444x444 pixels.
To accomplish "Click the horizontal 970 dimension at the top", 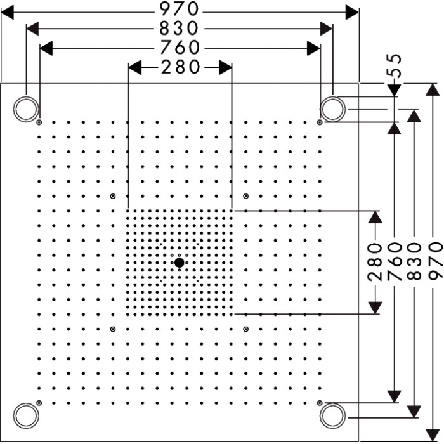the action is pyautogui.click(x=179, y=9).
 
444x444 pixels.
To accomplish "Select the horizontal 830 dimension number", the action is pyautogui.click(x=179, y=29).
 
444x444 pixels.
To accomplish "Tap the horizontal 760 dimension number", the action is pyautogui.click(x=180, y=48).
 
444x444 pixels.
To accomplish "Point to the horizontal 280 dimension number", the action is pyautogui.click(x=180, y=67).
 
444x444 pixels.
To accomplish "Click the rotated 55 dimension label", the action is pyautogui.click(x=394, y=66).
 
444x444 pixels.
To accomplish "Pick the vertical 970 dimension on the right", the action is pyautogui.click(x=436, y=261).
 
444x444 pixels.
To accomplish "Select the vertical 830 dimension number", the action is pyautogui.click(x=414, y=261).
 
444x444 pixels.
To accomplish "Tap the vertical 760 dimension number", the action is pyautogui.click(x=395, y=261).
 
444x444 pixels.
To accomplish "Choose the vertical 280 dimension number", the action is pyautogui.click(x=375, y=261).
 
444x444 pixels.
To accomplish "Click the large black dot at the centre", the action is pyautogui.click(x=180, y=263).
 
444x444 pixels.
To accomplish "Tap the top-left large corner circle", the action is pyautogui.click(x=26, y=109).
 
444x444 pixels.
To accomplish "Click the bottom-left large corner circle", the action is pyautogui.click(x=26, y=415).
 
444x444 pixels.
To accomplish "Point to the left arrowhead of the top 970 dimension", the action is pyautogui.click(x=7, y=13).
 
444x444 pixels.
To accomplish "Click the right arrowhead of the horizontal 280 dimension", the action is pyautogui.click(x=226, y=67).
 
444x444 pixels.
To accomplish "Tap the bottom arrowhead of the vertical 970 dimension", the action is pyautogui.click(x=433, y=436).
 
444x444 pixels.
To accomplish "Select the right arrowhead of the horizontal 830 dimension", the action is pyautogui.click(x=326, y=29).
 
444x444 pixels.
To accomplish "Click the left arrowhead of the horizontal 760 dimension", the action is pyautogui.click(x=46, y=48).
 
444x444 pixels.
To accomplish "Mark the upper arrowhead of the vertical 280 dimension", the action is pyautogui.click(x=375, y=217).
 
